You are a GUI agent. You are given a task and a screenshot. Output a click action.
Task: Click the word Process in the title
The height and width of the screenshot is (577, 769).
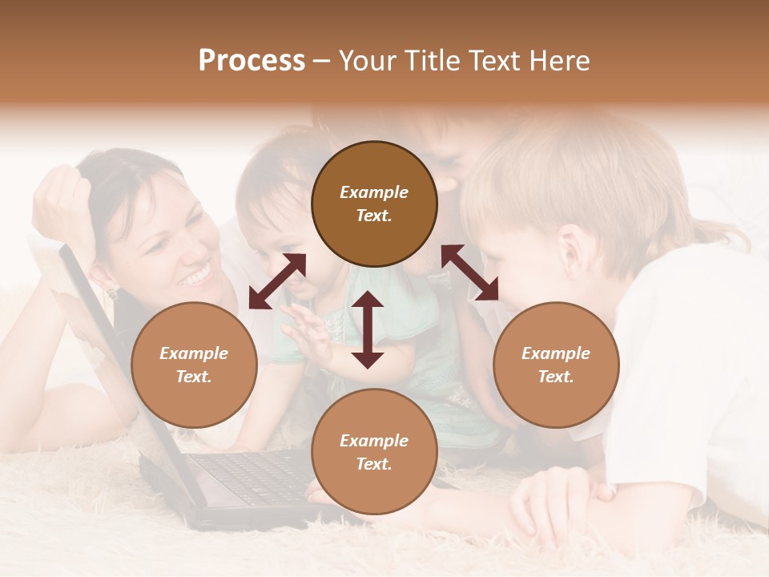252,61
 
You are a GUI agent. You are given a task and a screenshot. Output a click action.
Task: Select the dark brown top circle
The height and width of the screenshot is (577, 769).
374,204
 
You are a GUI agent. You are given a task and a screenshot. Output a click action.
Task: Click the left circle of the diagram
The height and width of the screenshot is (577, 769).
194,365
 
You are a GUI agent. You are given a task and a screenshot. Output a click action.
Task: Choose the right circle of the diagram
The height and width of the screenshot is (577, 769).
556,365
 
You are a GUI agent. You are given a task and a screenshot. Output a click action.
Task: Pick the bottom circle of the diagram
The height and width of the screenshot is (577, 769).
374,452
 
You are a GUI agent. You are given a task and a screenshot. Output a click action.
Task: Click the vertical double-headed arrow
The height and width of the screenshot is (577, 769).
368,329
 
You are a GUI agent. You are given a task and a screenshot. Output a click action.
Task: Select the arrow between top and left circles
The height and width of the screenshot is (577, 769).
277,281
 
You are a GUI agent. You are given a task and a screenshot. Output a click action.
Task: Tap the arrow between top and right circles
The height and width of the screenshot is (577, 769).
469,272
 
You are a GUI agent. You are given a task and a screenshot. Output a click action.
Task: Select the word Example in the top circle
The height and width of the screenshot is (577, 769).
374,192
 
